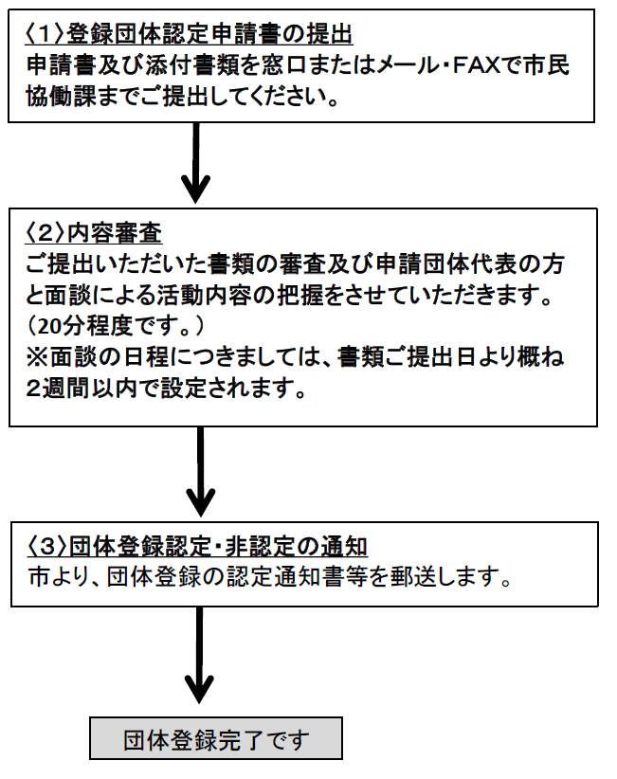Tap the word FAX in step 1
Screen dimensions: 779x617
(x=521, y=67)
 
